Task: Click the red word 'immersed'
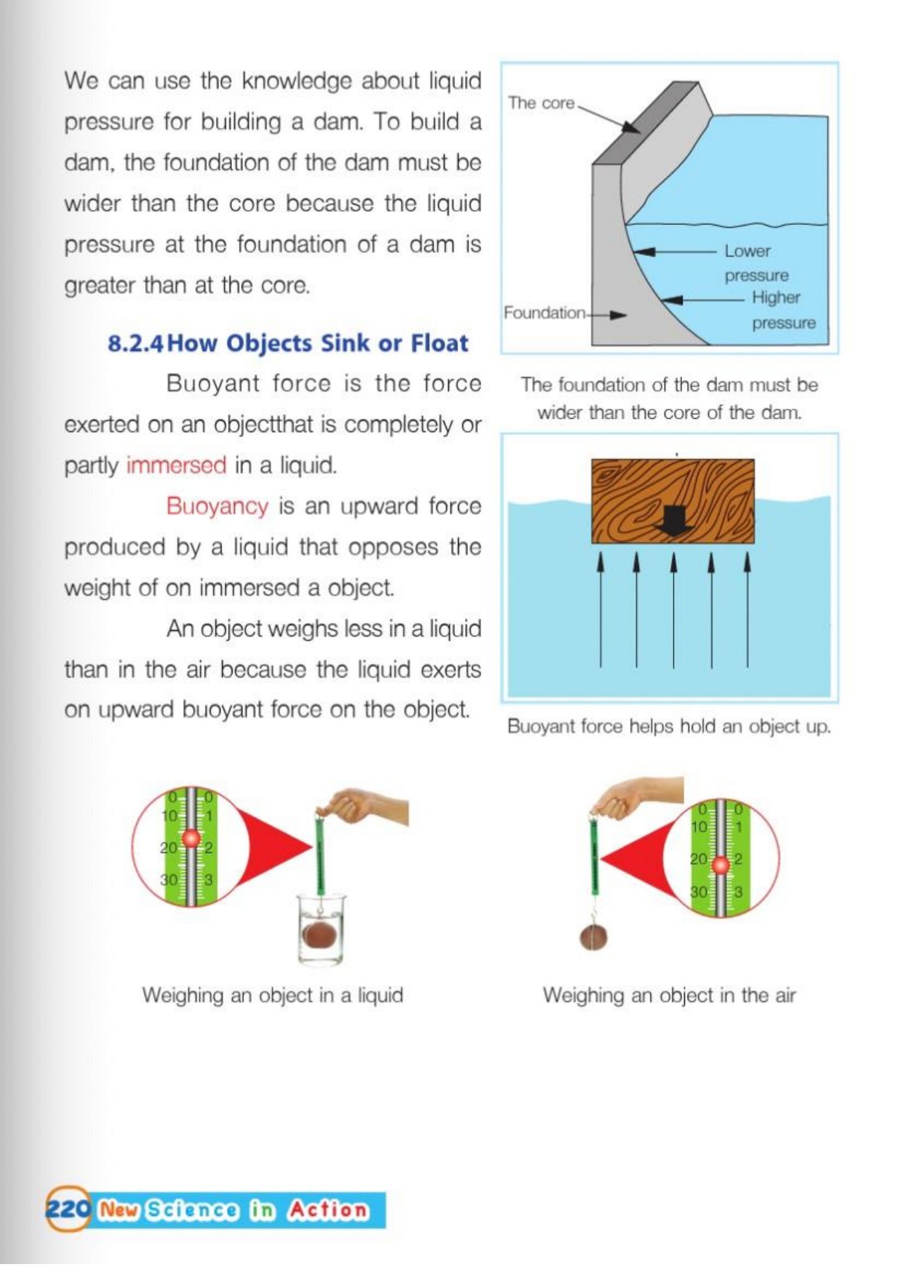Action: (x=176, y=466)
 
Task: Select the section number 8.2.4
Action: (x=135, y=343)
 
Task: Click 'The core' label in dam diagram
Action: (x=541, y=103)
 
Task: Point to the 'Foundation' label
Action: (x=544, y=312)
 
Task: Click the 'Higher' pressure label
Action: (x=776, y=298)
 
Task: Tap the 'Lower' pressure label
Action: (x=748, y=251)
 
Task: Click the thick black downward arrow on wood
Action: (x=674, y=520)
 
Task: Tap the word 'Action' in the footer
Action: (x=328, y=1210)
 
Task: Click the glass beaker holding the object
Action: (x=321, y=931)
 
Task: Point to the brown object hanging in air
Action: (x=593, y=938)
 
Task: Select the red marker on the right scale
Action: (x=719, y=864)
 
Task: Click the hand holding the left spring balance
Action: (x=366, y=807)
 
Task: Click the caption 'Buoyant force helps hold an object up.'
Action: (x=668, y=727)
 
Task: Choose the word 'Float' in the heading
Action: (x=439, y=343)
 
